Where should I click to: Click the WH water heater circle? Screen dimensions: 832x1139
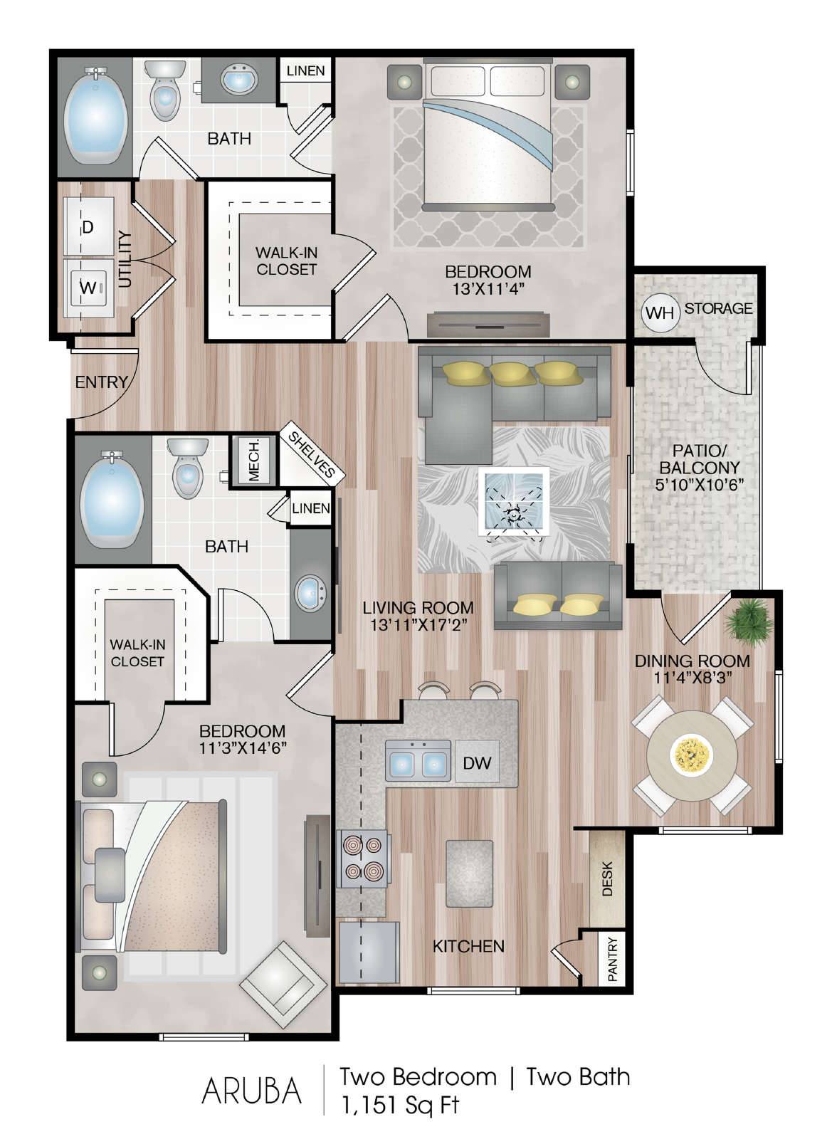click(660, 313)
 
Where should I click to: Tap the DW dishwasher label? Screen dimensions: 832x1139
click(478, 762)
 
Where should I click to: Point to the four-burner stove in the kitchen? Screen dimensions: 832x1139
click(362, 859)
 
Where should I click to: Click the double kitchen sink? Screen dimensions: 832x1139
click(418, 761)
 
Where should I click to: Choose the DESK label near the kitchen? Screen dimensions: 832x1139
click(607, 878)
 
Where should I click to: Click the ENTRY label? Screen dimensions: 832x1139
click(100, 382)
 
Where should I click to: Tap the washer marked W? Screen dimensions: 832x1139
click(88, 288)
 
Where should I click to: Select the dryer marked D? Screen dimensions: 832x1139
click(88, 227)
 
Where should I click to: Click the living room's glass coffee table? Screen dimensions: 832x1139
click(514, 501)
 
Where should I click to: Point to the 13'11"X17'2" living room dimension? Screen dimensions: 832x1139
click(418, 624)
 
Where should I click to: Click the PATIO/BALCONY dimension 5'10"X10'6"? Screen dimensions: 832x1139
click(700, 483)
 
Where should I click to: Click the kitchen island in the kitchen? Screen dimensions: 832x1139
click(469, 874)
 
